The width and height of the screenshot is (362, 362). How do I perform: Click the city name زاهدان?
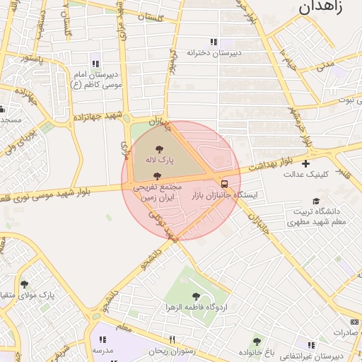pos(322,8)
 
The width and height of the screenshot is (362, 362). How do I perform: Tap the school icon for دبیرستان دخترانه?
pos(214,42)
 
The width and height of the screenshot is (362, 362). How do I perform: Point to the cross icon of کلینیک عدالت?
pos(305,163)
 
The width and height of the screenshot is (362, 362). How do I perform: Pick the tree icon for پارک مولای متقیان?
pos(24,284)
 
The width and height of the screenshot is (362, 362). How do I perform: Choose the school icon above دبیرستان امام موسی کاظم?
pos(95,64)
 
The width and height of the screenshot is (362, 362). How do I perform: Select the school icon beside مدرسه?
pos(103,339)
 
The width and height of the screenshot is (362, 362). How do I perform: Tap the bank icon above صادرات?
pos(354,322)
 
